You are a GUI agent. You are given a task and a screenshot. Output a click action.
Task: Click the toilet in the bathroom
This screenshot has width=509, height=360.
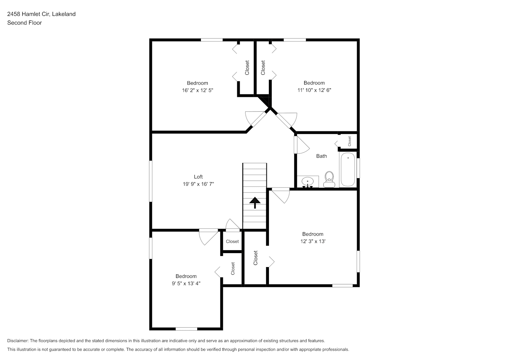329,179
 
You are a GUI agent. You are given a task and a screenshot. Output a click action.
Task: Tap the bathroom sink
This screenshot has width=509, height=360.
308,182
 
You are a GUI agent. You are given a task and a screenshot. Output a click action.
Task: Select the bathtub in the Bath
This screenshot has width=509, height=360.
348,170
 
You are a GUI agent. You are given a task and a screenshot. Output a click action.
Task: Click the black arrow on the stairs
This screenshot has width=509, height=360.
255,202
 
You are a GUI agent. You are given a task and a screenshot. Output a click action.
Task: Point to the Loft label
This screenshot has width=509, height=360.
198,177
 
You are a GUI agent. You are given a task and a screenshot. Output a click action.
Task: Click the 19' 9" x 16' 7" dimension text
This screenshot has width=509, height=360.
198,184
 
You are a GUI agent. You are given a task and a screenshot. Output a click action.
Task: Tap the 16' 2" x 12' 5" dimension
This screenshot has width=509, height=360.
198,90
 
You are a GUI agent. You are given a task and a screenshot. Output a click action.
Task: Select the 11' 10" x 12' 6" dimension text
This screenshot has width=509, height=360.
314,90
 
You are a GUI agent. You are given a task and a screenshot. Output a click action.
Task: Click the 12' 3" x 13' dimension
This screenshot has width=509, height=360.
313,241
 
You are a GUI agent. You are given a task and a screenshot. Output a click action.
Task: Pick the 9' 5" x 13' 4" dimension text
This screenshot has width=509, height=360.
186,283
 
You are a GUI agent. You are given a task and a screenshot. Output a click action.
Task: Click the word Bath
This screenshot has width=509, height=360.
321,156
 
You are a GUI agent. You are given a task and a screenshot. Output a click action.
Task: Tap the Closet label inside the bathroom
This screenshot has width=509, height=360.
350,141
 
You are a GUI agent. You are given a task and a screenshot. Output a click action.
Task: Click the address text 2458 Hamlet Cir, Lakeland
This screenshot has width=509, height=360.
41,14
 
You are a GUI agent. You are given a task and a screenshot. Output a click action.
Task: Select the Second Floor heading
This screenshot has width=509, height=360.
24,23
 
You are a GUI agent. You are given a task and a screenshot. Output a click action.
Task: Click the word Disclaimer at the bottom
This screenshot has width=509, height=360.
18,341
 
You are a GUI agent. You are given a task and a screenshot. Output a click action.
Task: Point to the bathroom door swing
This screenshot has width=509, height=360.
302,145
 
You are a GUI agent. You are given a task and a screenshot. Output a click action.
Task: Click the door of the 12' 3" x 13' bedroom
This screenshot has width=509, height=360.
281,195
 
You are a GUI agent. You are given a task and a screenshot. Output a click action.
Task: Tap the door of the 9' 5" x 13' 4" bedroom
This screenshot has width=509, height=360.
208,237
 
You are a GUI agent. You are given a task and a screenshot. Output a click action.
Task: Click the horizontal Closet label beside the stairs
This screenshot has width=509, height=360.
232,241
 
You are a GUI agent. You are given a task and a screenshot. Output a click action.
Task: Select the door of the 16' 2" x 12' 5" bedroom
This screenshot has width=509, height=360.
256,119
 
